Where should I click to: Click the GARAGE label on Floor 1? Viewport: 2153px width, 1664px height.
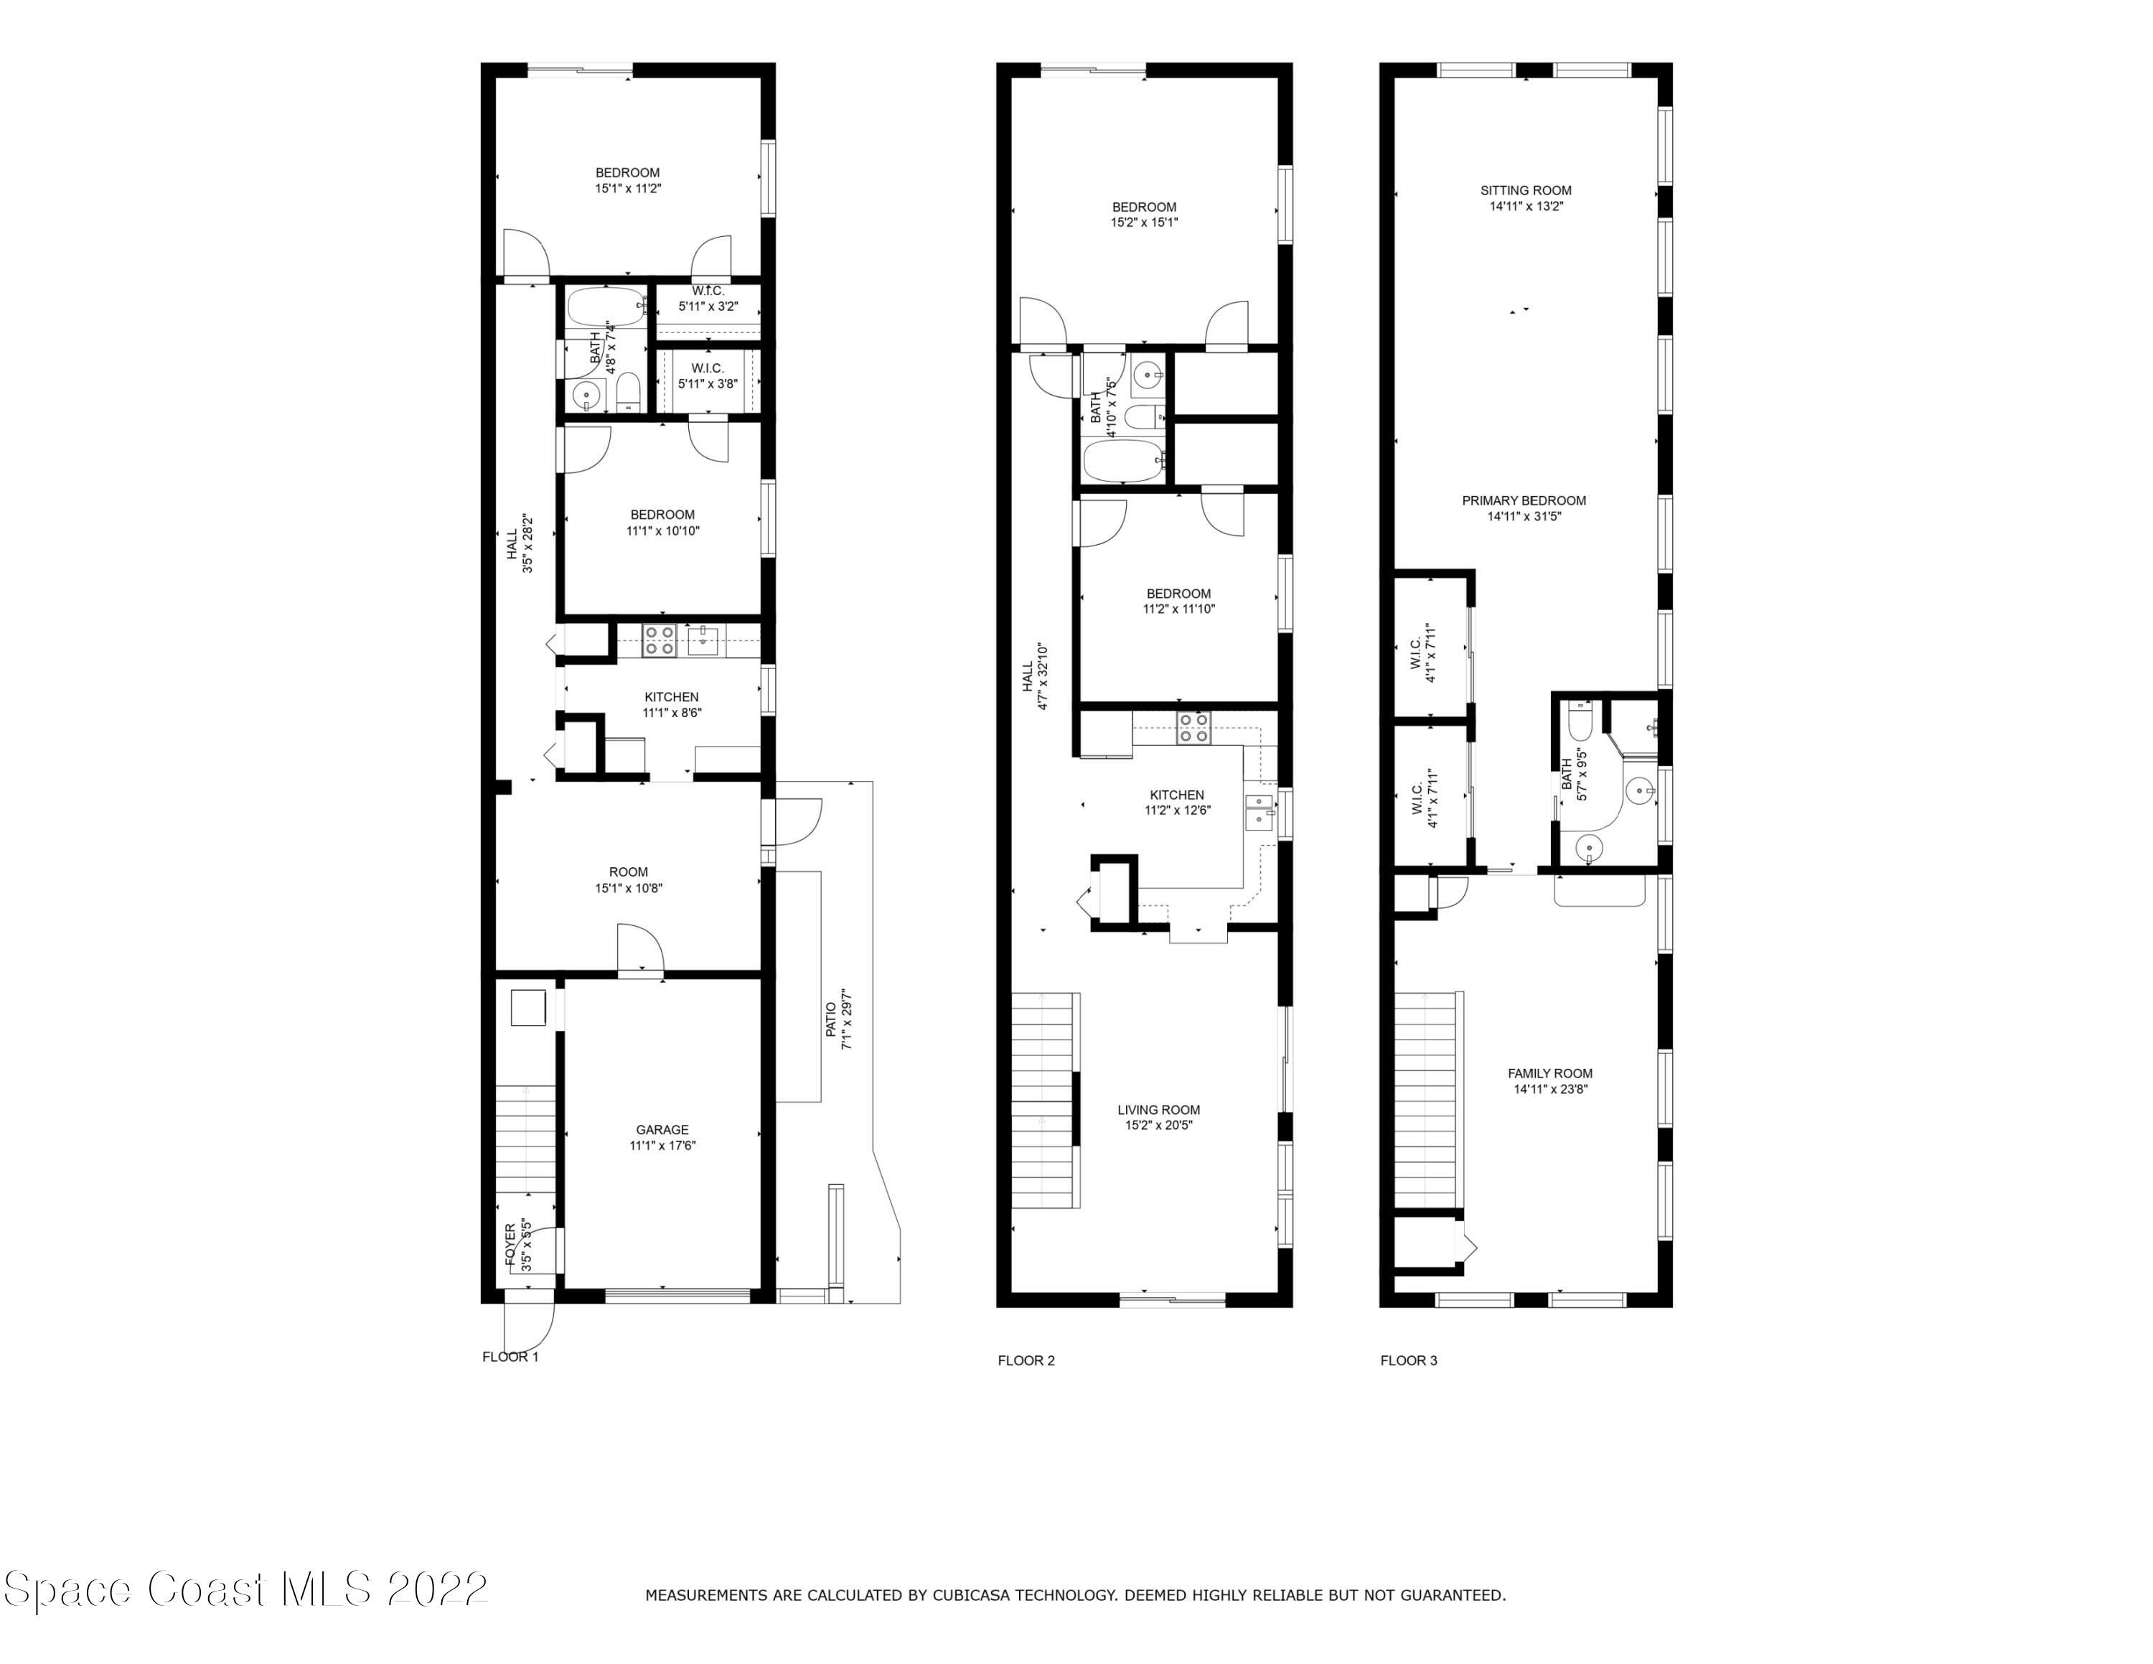(662, 1130)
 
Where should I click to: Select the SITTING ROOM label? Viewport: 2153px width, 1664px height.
(1525, 190)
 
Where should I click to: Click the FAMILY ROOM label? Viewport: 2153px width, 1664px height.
(1549, 1073)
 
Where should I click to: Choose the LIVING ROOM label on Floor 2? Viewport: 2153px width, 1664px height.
(1158, 1110)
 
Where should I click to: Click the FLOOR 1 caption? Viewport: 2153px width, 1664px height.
(511, 1357)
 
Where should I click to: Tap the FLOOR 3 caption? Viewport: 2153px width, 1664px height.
(1409, 1360)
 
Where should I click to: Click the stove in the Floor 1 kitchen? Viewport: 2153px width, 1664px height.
(660, 641)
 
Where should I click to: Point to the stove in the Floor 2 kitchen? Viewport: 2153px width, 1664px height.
(1193, 726)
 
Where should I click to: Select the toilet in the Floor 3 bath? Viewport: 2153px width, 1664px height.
(1580, 719)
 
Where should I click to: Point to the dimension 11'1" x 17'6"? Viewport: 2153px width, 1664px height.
(662, 1146)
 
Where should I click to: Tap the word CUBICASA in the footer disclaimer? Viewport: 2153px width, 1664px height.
(975, 1595)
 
